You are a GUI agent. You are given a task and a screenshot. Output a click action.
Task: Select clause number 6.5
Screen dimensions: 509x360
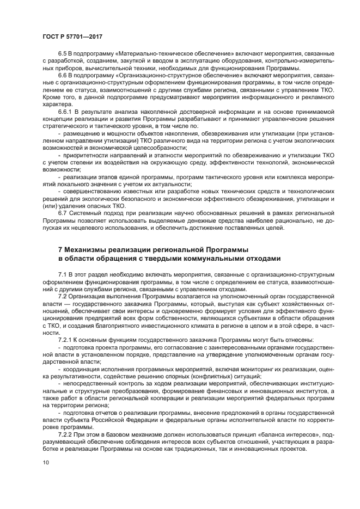click(x=63, y=54)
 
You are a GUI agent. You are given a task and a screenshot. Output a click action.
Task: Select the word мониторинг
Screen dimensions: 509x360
click(x=242, y=369)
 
